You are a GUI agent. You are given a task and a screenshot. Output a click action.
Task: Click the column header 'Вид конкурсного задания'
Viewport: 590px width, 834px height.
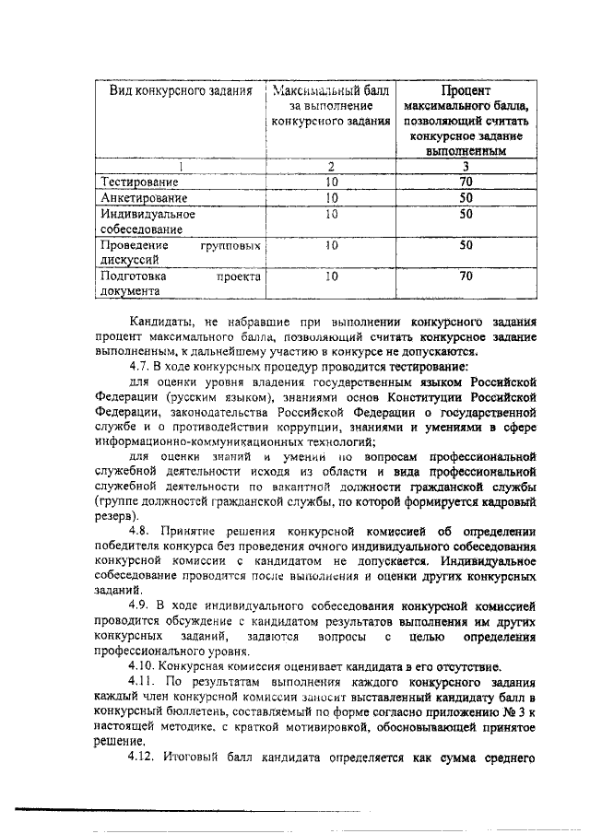tap(176, 92)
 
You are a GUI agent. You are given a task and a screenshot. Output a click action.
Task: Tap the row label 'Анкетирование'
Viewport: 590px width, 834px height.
tap(145, 197)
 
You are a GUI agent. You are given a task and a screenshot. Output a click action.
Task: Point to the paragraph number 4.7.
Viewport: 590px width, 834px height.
tap(141, 364)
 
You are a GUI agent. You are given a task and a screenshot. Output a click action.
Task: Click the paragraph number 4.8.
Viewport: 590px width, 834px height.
tap(141, 530)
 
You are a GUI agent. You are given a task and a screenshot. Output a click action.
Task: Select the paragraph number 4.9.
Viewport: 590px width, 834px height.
tap(141, 605)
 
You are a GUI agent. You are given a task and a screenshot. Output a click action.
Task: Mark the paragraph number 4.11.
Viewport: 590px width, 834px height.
tap(144, 680)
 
